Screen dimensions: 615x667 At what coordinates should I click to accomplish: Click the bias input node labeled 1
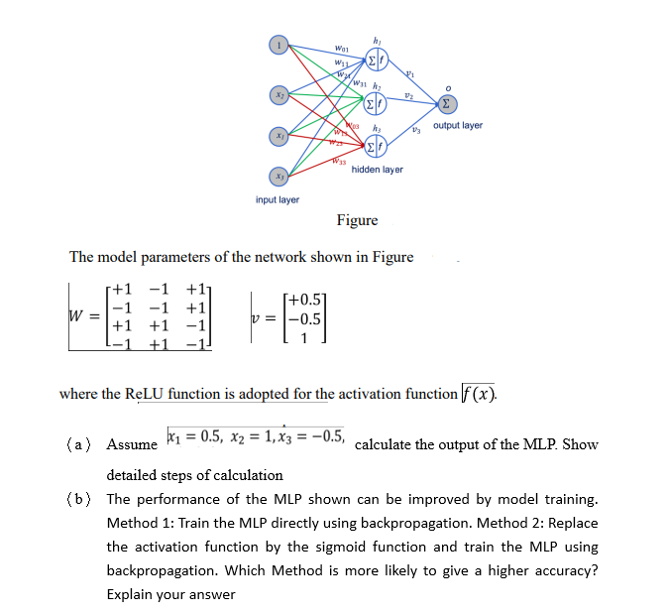pos(280,45)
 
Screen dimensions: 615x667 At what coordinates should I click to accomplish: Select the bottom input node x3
pos(280,175)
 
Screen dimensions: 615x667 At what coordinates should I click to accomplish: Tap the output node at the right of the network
pos(450,102)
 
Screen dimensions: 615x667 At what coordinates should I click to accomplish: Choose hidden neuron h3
pos(377,147)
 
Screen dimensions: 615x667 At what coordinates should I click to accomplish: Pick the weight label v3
pos(417,132)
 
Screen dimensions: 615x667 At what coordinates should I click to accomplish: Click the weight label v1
pos(408,71)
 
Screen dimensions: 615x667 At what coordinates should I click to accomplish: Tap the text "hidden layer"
pos(377,170)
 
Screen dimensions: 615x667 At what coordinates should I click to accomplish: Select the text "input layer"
pos(278,199)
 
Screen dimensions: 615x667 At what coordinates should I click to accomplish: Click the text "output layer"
pos(458,126)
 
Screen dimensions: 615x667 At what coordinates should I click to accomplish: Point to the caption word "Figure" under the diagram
pos(357,220)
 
